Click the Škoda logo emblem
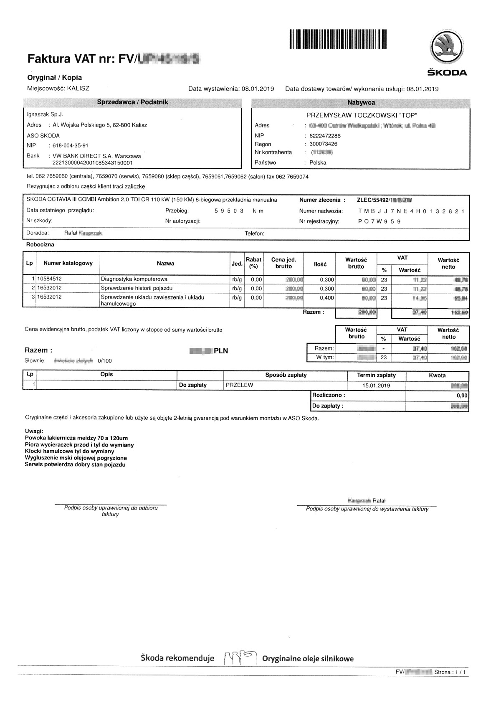tap(448, 46)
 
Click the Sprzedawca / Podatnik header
tap(132, 102)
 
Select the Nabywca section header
tap(361, 102)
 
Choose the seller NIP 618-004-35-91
tap(71, 146)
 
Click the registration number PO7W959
tap(379, 222)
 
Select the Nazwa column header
tap(165, 264)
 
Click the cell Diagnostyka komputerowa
tap(134, 279)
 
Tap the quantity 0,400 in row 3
tap(327, 298)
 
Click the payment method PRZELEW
tap(239, 386)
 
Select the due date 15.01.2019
tap(376, 386)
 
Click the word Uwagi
tap(34, 431)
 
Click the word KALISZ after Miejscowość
tap(78, 89)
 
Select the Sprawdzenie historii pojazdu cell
tap(137, 288)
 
